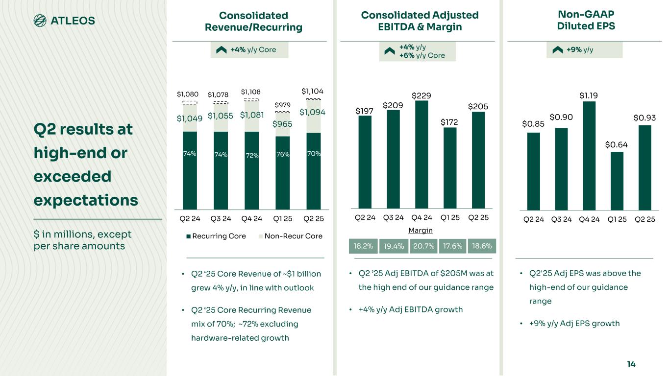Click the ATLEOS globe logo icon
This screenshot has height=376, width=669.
click(40, 20)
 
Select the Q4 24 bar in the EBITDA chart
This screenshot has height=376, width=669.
click(421, 154)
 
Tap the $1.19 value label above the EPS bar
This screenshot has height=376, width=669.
click(589, 95)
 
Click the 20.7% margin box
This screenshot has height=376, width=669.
click(424, 246)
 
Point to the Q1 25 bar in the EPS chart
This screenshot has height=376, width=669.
click(617, 181)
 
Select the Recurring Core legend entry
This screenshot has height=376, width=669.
click(216, 236)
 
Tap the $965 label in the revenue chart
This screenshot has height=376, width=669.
click(282, 124)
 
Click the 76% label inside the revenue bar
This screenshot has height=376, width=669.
click(282, 155)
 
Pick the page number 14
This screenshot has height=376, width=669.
click(631, 364)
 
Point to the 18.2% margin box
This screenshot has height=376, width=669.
click(363, 246)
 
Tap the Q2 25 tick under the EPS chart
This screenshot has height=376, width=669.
click(645, 219)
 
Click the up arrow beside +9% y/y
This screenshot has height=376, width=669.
click(557, 49)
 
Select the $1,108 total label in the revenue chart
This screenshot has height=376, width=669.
click(251, 92)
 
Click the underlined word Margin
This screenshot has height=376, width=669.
click(421, 230)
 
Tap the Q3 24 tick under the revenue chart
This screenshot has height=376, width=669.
click(220, 219)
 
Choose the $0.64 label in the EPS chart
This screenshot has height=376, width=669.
click(616, 144)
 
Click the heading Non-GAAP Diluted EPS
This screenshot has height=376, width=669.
click(586, 21)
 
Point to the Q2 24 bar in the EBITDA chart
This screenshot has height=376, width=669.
click(365, 162)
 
